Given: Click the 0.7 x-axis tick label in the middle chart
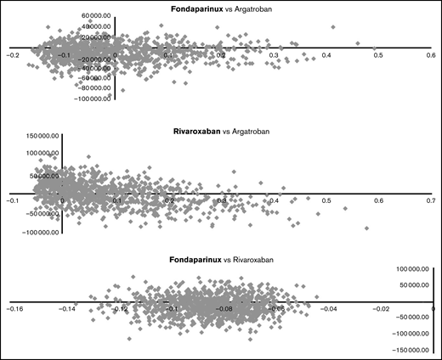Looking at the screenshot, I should tap(430, 201).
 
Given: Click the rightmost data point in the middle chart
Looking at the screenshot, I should tap(367, 228).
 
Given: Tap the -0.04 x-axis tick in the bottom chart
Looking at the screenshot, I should tap(328, 309).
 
